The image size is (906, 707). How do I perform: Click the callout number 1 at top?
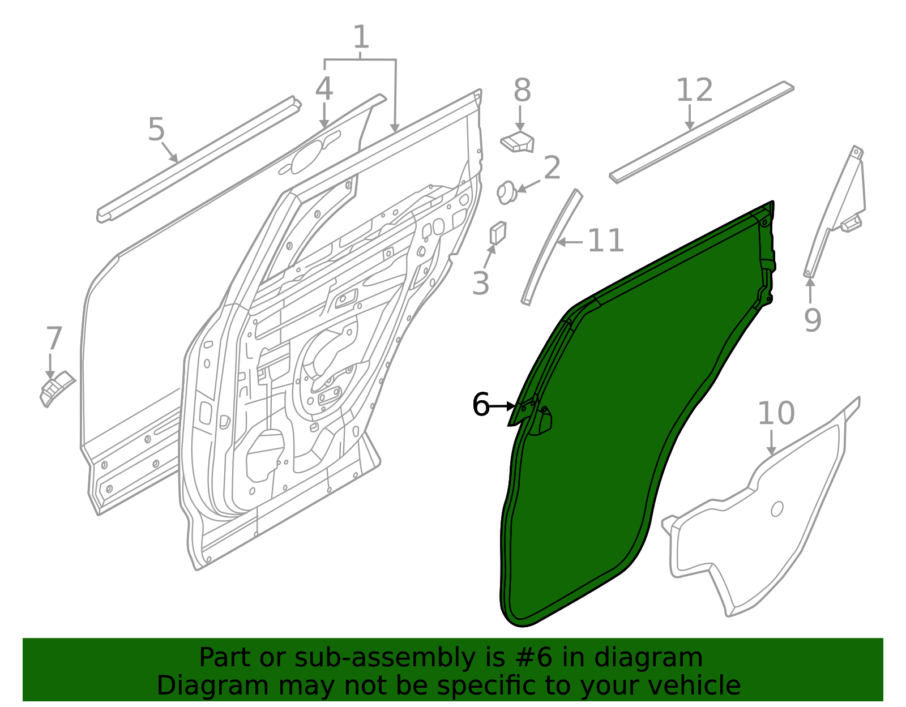[361, 38]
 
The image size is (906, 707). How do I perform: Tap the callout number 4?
[324, 89]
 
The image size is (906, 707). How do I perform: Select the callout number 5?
[156, 130]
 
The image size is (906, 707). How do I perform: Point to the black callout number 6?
[481, 405]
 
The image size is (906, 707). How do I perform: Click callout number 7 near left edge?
[53, 339]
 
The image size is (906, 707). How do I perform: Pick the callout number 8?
[522, 91]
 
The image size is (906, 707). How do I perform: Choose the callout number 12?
[694, 91]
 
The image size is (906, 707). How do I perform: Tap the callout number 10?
[776, 413]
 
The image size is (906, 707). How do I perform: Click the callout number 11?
[606, 241]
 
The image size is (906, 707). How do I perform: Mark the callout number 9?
[813, 320]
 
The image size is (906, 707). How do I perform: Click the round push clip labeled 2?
[506, 192]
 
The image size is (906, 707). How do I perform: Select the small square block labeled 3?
[498, 233]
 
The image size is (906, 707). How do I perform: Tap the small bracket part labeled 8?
[519, 142]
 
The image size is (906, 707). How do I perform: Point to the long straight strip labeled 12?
[702, 131]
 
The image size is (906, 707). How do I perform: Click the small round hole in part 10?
[777, 509]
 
